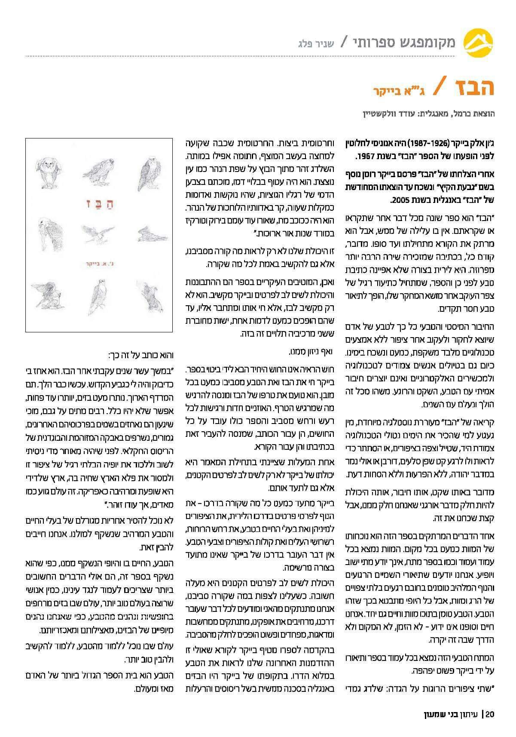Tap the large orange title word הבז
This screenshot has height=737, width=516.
(x=471, y=88)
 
